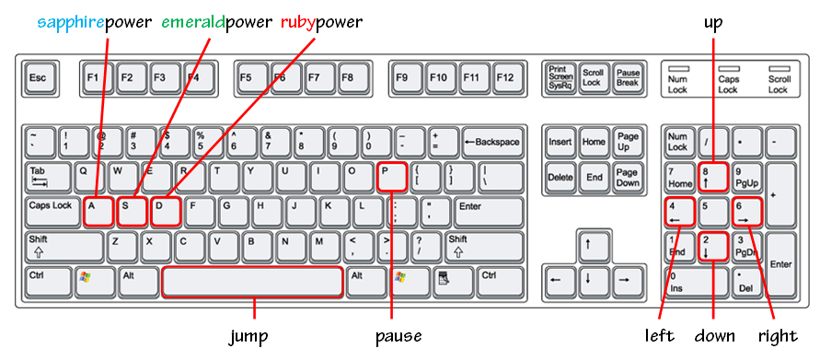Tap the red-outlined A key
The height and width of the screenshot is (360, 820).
coord(98,212)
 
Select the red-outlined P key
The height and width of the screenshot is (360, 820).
coord(391,177)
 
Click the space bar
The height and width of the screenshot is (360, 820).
coord(252,282)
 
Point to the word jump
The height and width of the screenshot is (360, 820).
coord(248,336)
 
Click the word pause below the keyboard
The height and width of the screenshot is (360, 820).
coord(398,336)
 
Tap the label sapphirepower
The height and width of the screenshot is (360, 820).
coord(95,22)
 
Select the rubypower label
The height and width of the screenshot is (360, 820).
coord(321,22)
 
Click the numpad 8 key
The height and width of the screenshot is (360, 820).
coord(713,177)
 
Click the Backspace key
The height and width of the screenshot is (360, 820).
coord(492,142)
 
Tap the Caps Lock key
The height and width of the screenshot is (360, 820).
coord(52,212)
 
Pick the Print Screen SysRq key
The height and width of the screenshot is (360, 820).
coord(560,78)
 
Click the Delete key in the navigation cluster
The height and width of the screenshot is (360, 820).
coord(560,178)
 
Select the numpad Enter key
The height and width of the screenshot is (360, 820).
coord(780,264)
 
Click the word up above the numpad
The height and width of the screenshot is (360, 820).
coord(713,22)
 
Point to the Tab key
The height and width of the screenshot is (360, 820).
coord(48,177)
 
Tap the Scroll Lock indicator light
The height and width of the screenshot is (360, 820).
coord(779,68)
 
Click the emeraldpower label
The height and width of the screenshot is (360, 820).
coord(217,22)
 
